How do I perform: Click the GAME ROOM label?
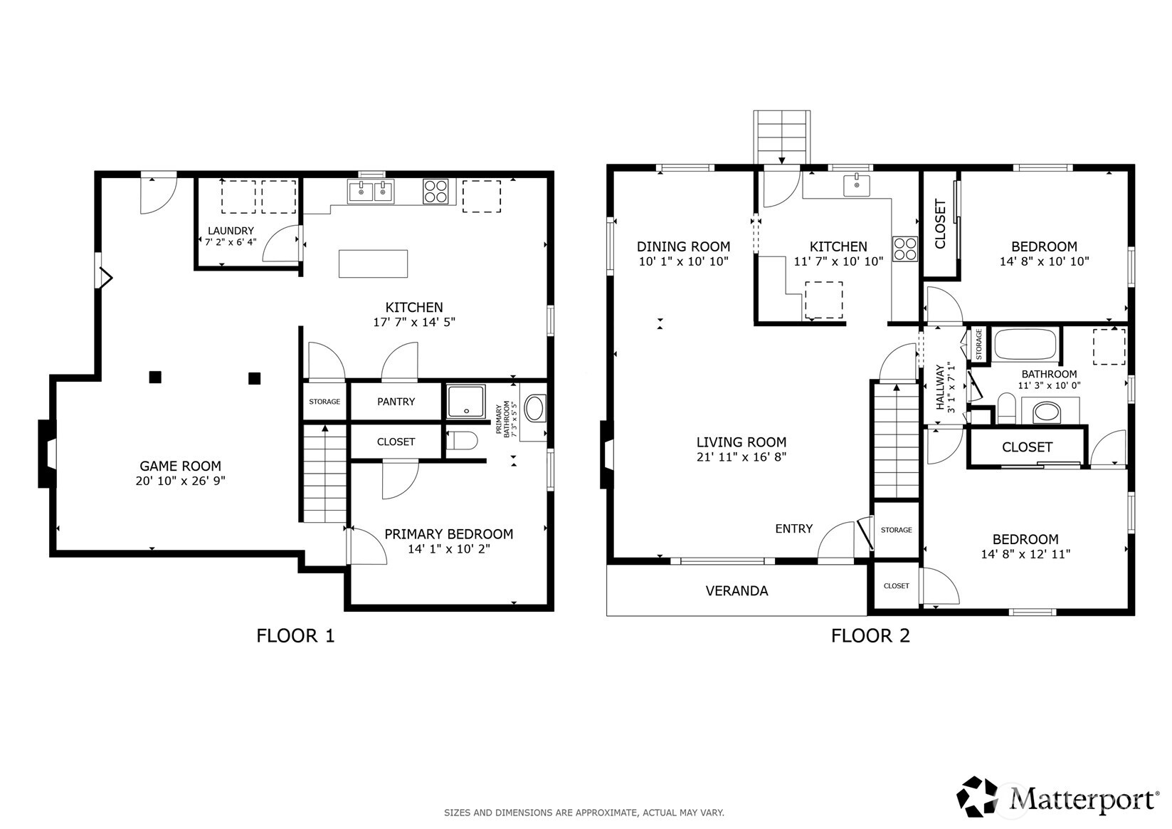(180, 466)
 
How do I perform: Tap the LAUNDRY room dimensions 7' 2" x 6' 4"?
(231, 242)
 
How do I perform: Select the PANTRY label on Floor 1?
(396, 402)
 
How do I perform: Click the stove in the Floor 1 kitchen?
(435, 191)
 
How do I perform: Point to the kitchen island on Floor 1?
(373, 264)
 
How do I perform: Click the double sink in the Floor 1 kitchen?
(371, 192)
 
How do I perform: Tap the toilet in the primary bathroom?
(462, 441)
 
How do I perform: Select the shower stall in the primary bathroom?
(466, 401)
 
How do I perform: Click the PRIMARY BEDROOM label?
(448, 534)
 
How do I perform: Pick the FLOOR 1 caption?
(295, 636)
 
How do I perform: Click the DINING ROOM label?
(683, 246)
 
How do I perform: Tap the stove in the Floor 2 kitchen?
(905, 249)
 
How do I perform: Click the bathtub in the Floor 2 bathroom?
(1025, 344)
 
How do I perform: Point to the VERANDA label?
(737, 590)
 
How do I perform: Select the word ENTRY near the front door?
(793, 528)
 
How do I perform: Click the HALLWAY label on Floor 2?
(940, 387)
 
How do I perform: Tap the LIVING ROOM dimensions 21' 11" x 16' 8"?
(741, 457)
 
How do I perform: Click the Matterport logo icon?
(977, 796)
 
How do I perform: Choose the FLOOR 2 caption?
(870, 636)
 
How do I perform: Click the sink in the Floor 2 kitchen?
(857, 185)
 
